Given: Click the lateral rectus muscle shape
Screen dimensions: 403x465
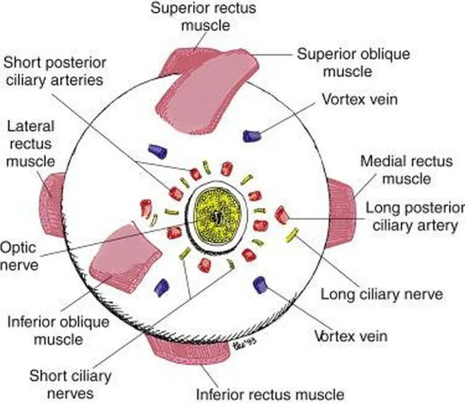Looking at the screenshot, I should tap(53, 205).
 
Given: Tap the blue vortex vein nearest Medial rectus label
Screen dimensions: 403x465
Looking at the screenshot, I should tap(252, 136).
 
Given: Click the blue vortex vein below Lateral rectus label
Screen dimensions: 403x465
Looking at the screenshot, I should tap(158, 151).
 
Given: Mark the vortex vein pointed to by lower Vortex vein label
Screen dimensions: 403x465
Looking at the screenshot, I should tap(260, 284).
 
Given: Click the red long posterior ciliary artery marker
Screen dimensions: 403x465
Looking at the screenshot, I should tap(282, 215).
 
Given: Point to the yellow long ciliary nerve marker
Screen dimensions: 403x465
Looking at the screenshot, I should tap(291, 235).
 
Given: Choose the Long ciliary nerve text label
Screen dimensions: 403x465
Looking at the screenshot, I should tap(381, 294).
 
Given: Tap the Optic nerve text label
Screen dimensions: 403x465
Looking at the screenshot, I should tap(19, 256).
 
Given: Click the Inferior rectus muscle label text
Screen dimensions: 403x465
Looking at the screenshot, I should tap(270, 394).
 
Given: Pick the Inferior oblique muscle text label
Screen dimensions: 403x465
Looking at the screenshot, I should tap(58, 331).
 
